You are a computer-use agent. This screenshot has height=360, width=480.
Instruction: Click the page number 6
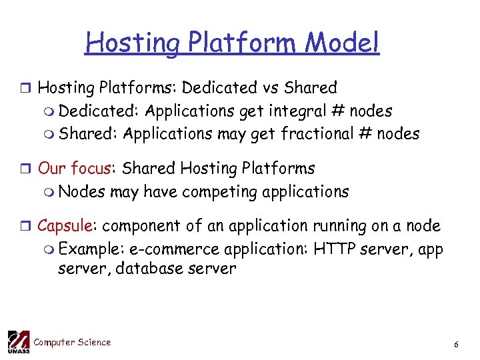point(456,345)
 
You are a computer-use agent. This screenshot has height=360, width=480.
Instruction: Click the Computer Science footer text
point(72,343)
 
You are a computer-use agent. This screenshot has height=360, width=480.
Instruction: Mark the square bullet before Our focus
point(26,169)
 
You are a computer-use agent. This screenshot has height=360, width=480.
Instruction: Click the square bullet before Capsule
point(26,227)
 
